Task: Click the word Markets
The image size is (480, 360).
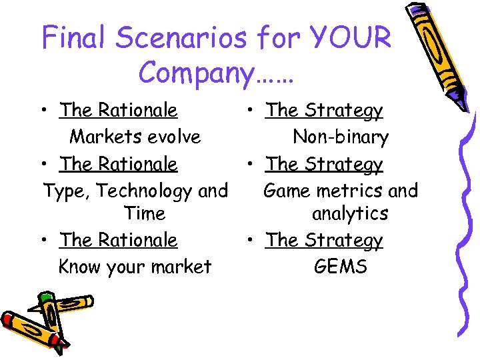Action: pos(100,137)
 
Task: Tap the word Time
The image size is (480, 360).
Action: pos(145,214)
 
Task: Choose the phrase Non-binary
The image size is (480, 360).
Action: pos(341,137)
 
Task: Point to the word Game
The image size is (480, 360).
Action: pos(287,191)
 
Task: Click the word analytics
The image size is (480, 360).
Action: pos(350,214)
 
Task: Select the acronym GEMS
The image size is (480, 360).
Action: pos(341,267)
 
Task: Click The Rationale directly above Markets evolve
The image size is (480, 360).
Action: pos(119,110)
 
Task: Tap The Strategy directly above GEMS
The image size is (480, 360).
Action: pos(324,241)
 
